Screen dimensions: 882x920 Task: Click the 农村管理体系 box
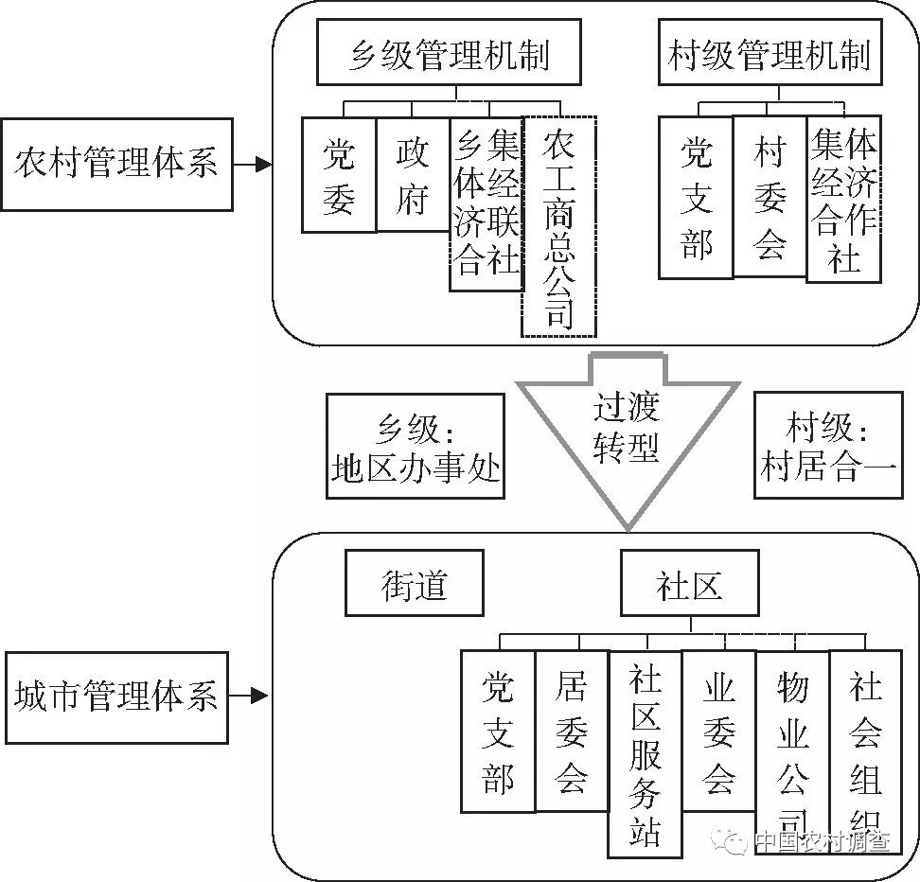coord(116,165)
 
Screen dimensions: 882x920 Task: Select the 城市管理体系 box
coord(116,697)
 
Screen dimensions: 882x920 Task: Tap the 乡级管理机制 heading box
coord(450,55)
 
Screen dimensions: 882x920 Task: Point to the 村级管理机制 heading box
coord(768,55)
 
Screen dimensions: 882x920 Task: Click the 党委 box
coord(339,174)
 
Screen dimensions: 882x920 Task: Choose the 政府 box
coord(413,174)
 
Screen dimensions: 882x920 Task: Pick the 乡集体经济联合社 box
coord(487,203)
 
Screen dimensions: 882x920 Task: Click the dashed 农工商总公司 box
coord(559,227)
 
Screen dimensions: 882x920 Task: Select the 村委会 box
coord(770,197)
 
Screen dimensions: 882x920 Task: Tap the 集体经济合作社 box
coord(843,200)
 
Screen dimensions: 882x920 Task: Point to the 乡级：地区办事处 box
coord(416,446)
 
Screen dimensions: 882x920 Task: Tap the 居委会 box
coord(571,730)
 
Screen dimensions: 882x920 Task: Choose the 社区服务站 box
coord(645,753)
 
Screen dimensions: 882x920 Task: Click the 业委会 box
coord(718,730)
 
